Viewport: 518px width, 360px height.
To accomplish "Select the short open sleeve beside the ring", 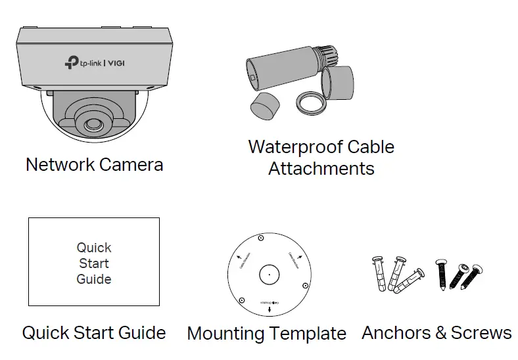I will coord(339,83).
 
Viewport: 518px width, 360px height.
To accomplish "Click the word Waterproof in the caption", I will coord(287,146).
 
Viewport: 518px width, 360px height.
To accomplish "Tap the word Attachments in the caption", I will coord(321,169).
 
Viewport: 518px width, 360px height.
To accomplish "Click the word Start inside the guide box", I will coord(94,263).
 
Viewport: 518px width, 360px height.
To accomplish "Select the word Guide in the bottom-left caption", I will coord(139,333).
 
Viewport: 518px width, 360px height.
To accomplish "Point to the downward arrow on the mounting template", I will coord(268,308).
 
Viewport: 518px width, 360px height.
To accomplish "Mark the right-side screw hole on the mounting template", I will coord(305,286).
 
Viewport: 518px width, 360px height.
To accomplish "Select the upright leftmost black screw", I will coord(441,273).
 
